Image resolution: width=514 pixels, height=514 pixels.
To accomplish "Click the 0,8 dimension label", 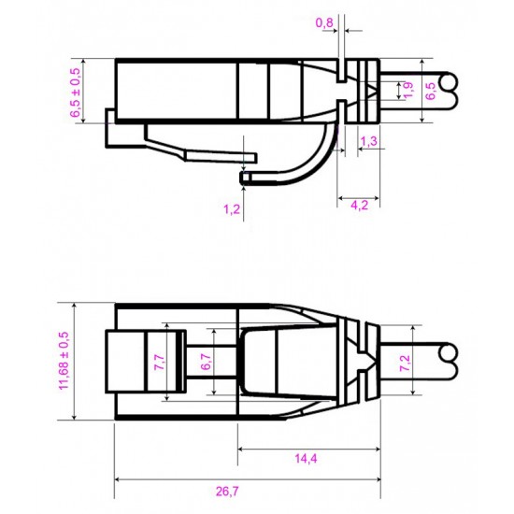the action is [324, 23].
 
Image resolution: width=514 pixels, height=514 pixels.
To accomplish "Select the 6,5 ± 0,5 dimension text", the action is [75, 93].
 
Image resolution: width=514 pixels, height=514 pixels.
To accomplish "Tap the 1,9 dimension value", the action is [408, 91].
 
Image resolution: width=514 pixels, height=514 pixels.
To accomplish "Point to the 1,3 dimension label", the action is [369, 141].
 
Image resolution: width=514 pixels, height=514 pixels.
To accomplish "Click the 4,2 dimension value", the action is [360, 206].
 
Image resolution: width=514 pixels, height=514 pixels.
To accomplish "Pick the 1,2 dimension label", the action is [232, 208].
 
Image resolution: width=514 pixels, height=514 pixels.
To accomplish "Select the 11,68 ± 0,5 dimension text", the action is [64, 361].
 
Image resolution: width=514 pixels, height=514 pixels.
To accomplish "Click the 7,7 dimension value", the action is [159, 363].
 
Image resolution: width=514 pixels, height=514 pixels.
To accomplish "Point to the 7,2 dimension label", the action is [405, 363].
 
